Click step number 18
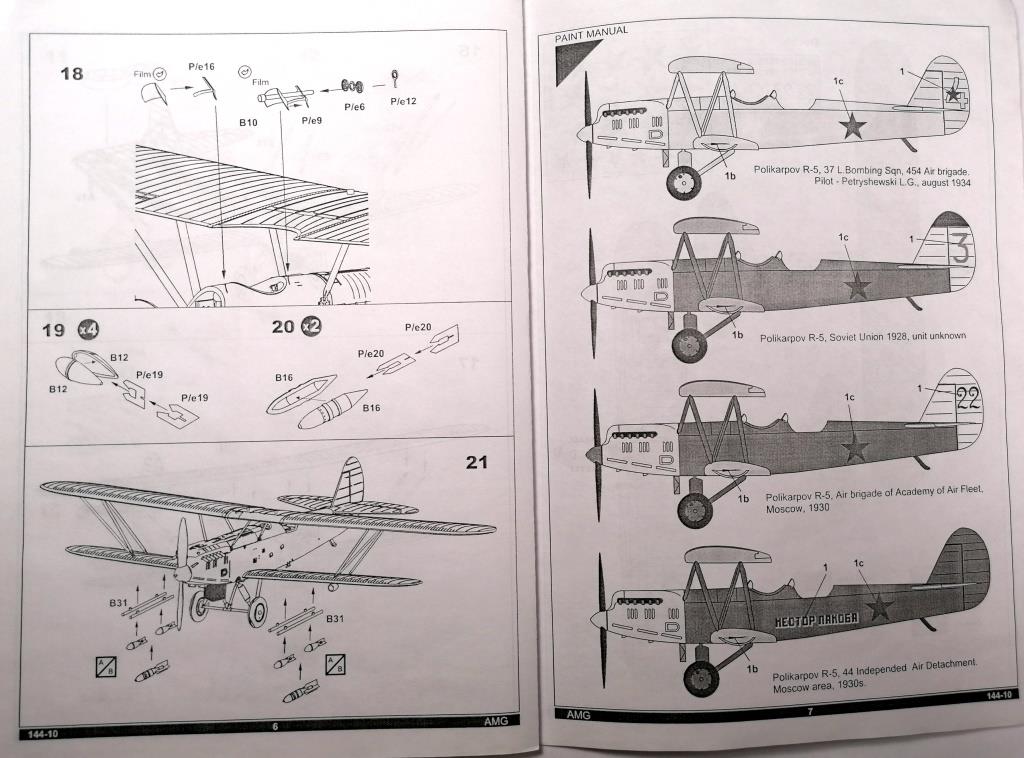click(x=71, y=75)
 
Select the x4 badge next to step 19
click(x=88, y=329)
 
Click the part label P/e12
click(x=403, y=101)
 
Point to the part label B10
click(x=248, y=122)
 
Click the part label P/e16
click(x=202, y=66)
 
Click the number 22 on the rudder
click(x=968, y=399)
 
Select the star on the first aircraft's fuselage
click(x=851, y=125)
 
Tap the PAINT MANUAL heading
click(x=597, y=31)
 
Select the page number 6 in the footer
click(x=274, y=726)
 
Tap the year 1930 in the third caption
click(x=814, y=508)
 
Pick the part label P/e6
click(x=354, y=105)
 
